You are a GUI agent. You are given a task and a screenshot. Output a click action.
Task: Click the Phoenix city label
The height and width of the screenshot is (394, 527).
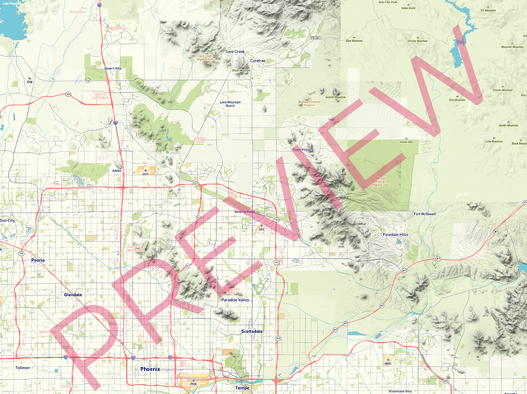(x=150, y=369)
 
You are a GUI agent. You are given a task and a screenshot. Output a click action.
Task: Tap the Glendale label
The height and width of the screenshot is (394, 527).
(x=72, y=294)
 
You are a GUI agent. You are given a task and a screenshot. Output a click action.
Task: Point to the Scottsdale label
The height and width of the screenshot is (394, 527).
(x=251, y=331)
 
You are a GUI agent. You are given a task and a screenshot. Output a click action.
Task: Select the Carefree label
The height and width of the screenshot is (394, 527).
(x=258, y=60)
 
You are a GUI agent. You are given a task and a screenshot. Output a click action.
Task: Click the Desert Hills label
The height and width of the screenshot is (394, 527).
(x=112, y=68)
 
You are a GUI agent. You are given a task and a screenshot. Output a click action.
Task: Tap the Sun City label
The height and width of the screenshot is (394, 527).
(x=7, y=220)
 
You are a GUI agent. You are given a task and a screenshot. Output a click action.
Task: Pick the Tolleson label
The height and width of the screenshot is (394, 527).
(x=22, y=368)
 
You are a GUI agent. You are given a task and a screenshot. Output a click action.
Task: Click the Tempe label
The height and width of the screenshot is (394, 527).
(x=242, y=387)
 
